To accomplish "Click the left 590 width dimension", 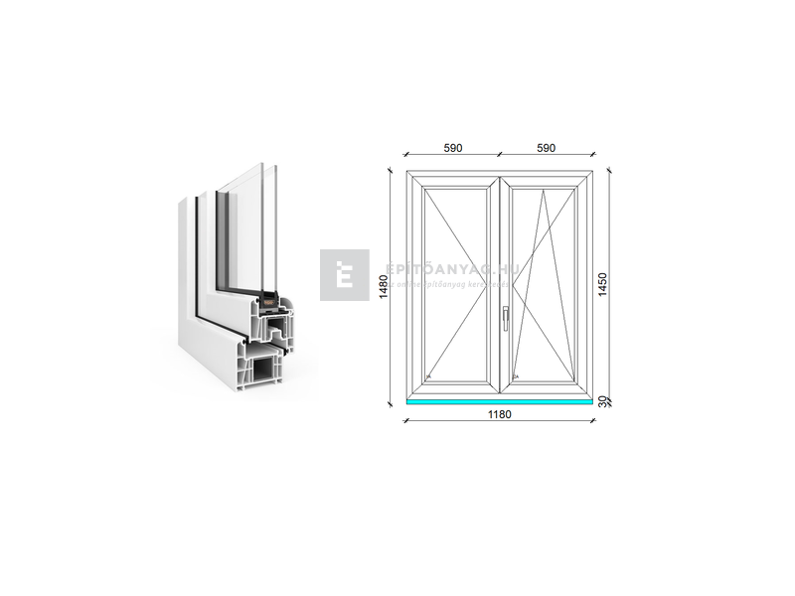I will click(x=452, y=148).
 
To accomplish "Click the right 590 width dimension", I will click(x=546, y=148).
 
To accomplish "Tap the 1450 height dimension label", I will click(x=602, y=287).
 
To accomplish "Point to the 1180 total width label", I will click(x=499, y=414).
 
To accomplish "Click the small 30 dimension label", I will click(x=602, y=401).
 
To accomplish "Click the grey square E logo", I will click(x=344, y=275).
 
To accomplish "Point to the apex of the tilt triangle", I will click(x=545, y=189).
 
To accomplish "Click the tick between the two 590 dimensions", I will click(x=499, y=156).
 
